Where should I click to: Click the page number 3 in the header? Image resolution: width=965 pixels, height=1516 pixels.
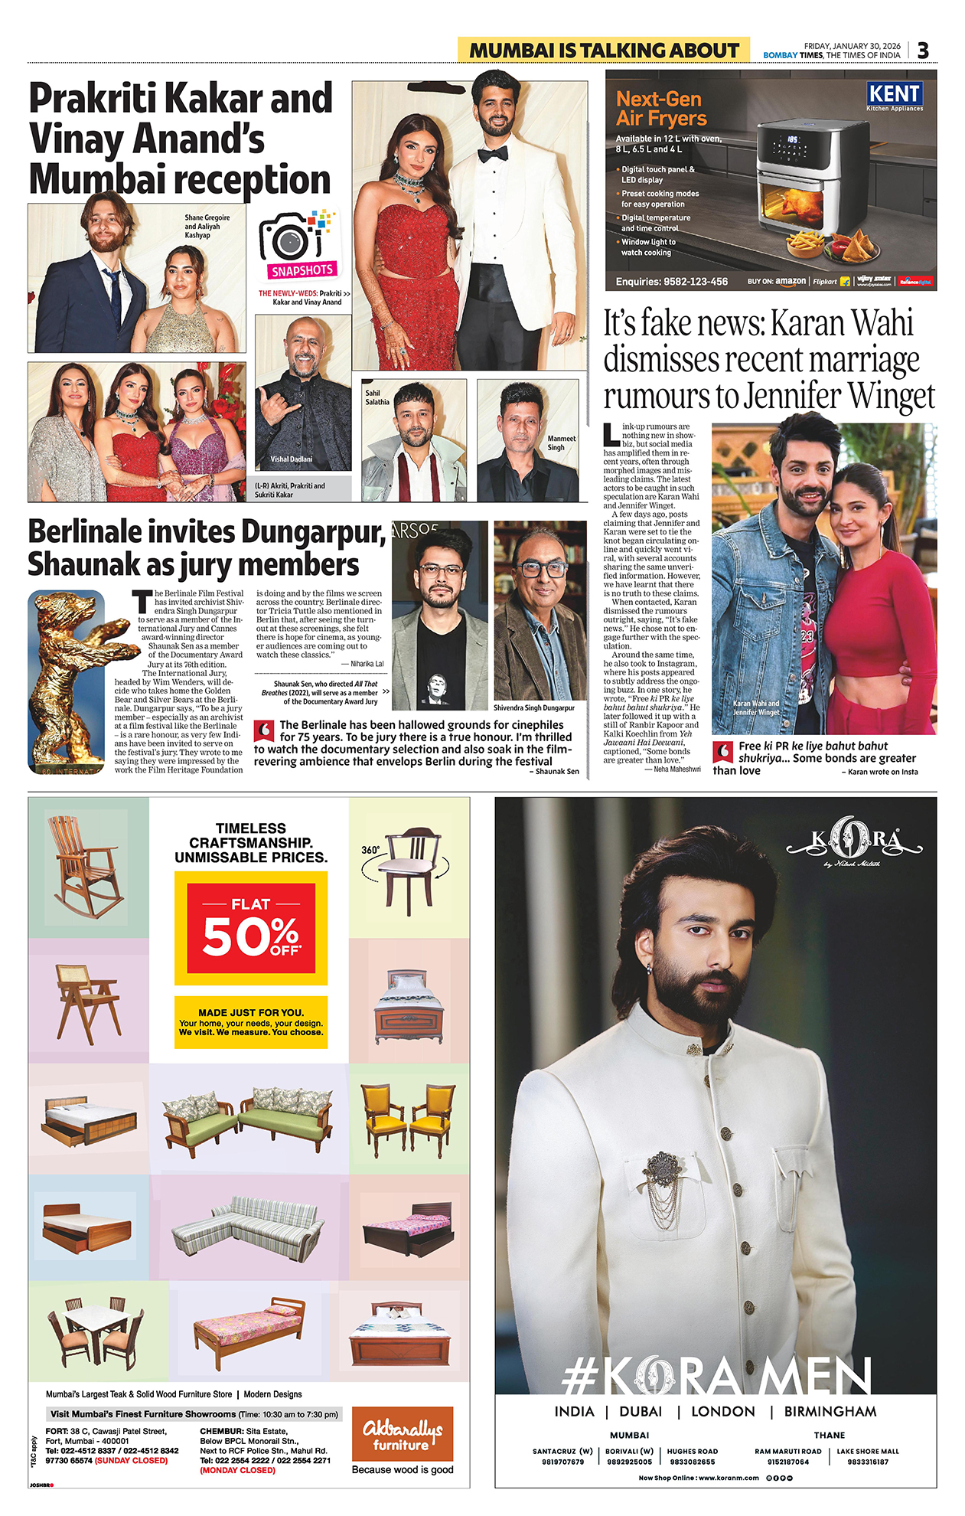pos(923,51)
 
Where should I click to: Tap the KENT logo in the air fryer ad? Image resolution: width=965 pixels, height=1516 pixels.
pos(894,95)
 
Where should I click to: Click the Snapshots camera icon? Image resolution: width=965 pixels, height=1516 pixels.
pos(296,240)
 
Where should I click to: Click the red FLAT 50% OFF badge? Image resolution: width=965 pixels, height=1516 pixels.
pos(251,928)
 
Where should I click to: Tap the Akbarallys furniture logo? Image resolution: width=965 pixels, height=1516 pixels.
pos(403,1433)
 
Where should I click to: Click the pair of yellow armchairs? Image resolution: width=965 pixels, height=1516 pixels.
pos(409,1119)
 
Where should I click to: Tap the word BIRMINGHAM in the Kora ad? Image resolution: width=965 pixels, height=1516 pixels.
pos(830,1411)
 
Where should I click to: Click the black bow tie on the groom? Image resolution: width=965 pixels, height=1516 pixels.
pos(493,154)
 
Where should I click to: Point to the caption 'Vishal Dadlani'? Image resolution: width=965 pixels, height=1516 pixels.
pos(291,459)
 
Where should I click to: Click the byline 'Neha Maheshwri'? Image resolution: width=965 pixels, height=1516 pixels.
pos(676,769)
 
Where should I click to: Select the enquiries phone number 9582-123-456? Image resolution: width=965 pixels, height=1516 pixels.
pos(672,282)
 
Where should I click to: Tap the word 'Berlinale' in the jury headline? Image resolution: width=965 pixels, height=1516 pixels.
pos(86,532)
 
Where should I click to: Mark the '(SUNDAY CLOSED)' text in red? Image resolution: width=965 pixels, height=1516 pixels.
pos(131,1460)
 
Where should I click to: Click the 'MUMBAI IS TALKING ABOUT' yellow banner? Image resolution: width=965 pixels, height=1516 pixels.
pos(603,51)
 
